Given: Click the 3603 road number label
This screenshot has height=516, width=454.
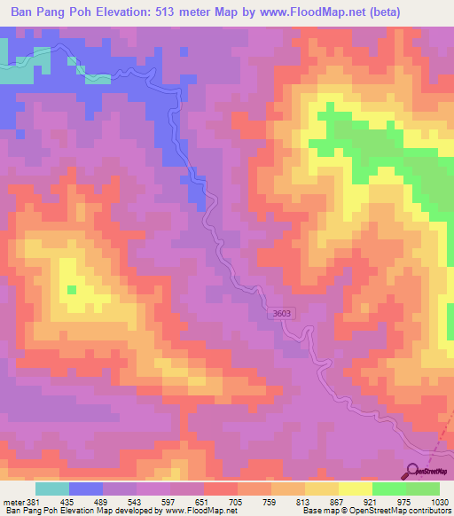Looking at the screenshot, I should tap(282, 313).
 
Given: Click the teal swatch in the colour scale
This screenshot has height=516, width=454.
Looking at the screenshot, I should tap(52, 489).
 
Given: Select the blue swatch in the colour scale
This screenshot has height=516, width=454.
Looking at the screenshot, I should tap(86, 489).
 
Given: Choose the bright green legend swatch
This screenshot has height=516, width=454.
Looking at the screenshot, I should tap(389, 489).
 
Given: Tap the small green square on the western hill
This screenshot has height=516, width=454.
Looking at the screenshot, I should tap(72, 289).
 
